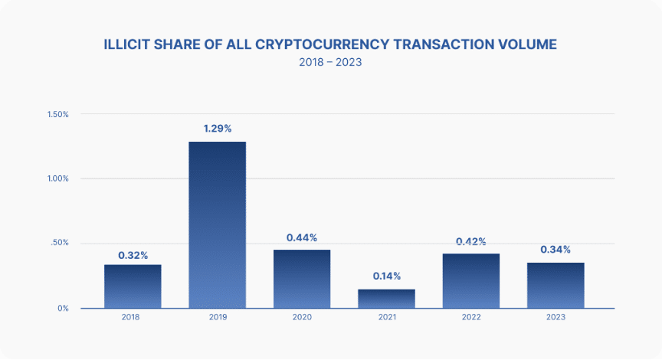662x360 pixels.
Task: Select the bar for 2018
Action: (x=133, y=286)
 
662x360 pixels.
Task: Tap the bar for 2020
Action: (x=302, y=279)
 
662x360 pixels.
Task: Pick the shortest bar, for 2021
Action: (x=386, y=298)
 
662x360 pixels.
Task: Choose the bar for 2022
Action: (x=471, y=280)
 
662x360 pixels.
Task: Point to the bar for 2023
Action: (x=555, y=285)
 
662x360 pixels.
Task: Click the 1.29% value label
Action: (x=217, y=128)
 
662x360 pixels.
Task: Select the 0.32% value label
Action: (x=133, y=254)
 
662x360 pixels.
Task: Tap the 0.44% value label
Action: (x=302, y=237)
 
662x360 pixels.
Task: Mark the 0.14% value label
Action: (x=386, y=276)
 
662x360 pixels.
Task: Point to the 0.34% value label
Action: (x=555, y=250)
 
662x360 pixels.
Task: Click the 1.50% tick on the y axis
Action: (x=58, y=114)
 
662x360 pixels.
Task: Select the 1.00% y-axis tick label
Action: (x=58, y=178)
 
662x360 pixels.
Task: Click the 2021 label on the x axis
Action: (x=386, y=316)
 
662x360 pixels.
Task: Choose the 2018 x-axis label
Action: (x=133, y=316)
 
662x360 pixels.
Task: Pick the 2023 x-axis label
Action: (x=555, y=316)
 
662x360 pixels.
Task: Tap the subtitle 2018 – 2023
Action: (x=330, y=63)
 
